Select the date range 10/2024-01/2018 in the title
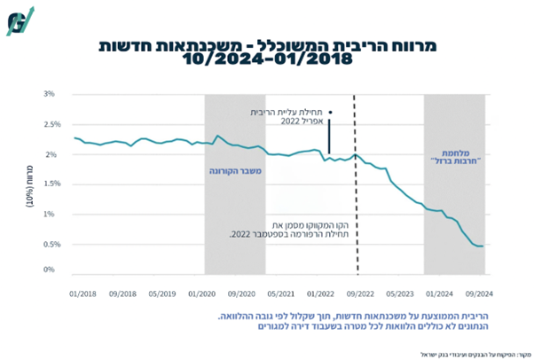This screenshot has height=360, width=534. pos(265,60)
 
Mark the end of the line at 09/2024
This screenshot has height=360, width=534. pos(482,246)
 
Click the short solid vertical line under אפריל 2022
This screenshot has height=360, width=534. pos(329,137)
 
